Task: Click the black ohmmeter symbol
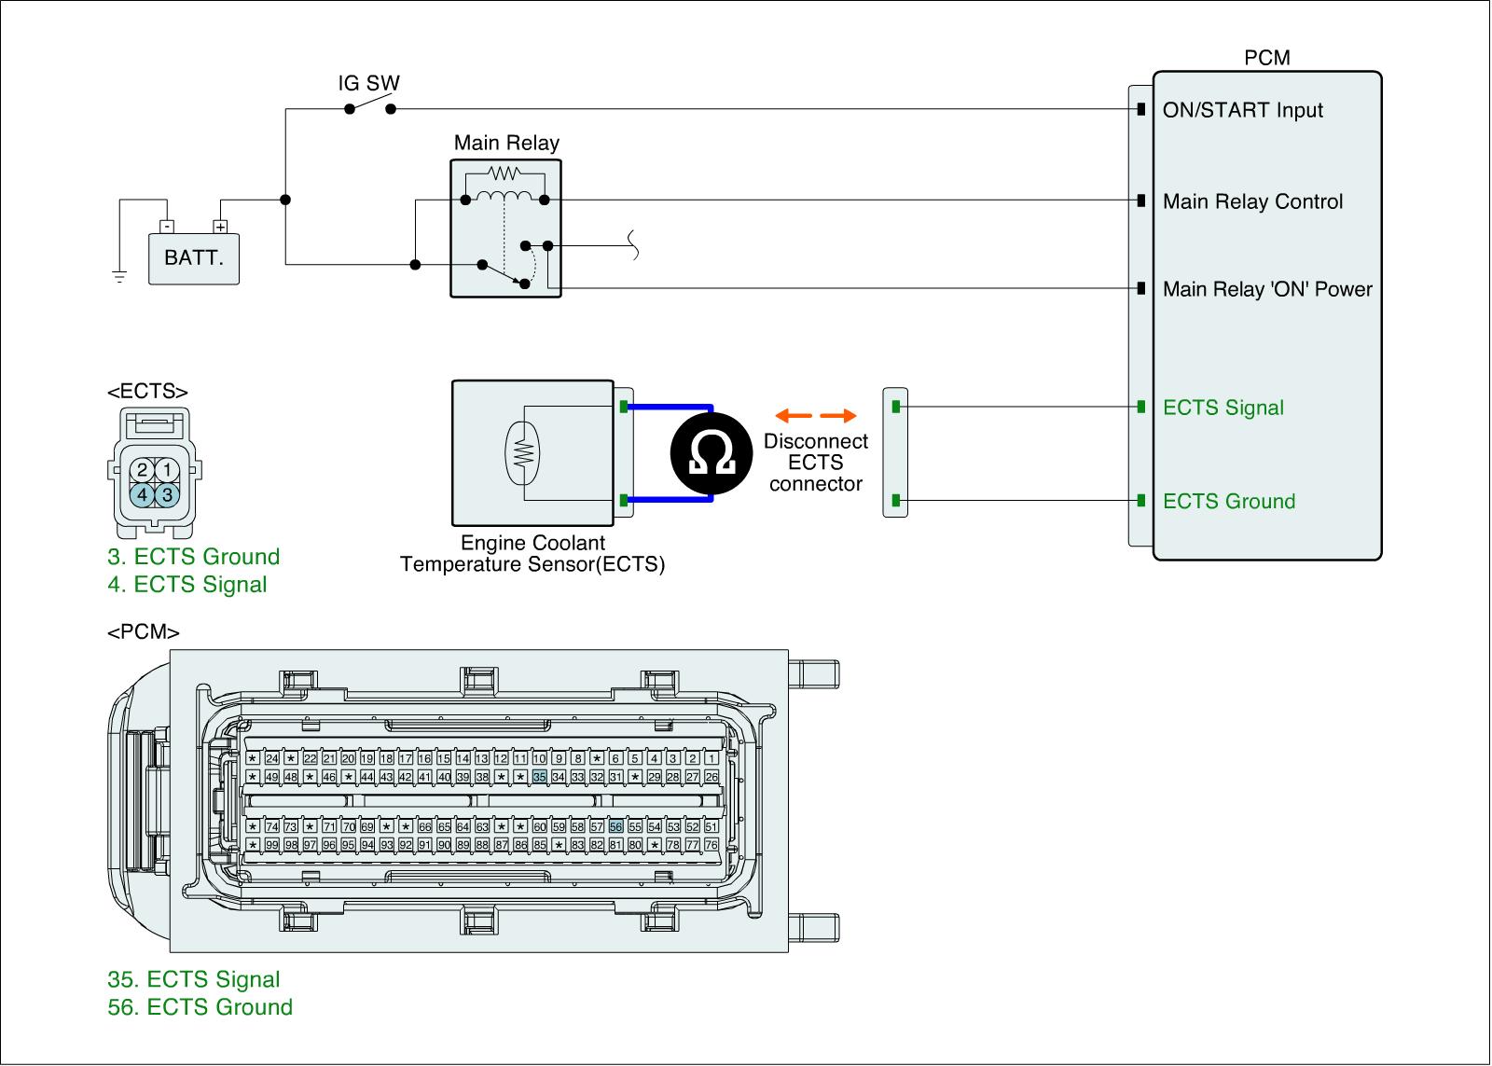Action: pos(711,453)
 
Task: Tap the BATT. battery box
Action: pos(194,257)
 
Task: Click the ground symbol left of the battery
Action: pos(119,274)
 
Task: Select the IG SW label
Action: pos(368,83)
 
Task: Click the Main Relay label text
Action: pos(506,143)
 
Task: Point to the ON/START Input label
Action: pos(1242,110)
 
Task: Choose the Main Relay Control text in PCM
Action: pos(1252,201)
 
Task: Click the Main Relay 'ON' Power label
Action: pos(1267,289)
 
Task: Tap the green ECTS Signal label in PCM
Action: pos(1223,408)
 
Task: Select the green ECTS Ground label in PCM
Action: pos(1229,501)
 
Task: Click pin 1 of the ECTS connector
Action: pos(167,469)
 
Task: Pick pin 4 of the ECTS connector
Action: pos(142,494)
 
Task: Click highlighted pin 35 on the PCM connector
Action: pos(539,777)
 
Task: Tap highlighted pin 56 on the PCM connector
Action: pos(615,826)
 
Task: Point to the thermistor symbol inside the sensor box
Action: pos(523,452)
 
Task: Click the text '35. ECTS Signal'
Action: pos(194,979)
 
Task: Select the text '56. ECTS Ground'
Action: pos(200,1007)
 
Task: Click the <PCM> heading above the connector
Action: pos(144,632)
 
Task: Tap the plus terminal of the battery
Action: pos(220,226)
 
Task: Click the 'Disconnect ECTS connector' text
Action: pos(816,463)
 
